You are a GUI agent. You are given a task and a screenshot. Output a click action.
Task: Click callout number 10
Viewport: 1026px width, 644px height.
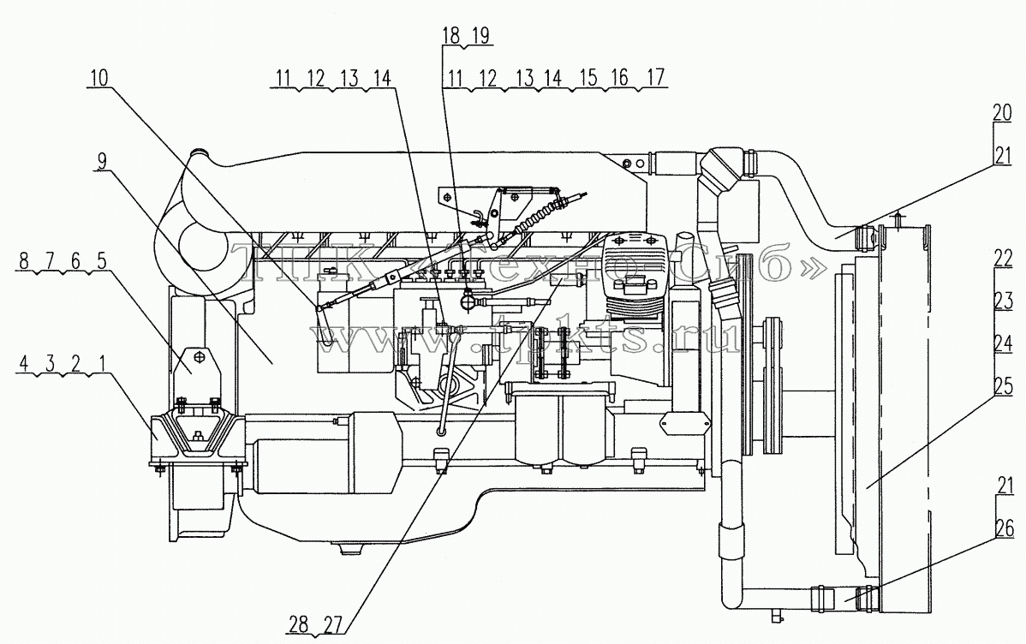(x=100, y=77)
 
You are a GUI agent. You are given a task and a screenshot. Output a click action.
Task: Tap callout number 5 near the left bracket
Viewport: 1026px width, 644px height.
(x=101, y=261)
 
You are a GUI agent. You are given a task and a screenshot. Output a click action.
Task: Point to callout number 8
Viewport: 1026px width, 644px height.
(x=25, y=261)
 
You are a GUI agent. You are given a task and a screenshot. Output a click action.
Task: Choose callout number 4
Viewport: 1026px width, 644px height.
(x=24, y=363)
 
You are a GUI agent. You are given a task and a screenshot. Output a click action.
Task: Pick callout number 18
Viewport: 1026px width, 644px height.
(x=452, y=35)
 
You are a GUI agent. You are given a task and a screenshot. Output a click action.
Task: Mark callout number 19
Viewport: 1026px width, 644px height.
(x=480, y=35)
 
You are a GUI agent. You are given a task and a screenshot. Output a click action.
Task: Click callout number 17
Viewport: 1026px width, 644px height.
(x=655, y=77)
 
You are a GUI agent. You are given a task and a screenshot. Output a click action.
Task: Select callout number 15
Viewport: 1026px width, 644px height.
(x=588, y=77)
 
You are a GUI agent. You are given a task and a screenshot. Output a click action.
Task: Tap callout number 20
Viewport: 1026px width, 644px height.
(x=1003, y=112)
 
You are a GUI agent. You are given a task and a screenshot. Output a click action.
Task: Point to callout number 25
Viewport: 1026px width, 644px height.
(x=1003, y=387)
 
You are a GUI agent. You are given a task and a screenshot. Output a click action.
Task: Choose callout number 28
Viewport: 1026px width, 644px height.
(x=298, y=624)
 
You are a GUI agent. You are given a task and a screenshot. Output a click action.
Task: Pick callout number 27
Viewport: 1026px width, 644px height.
(x=333, y=624)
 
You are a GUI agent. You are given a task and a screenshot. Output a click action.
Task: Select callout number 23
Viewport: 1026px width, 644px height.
(x=1003, y=301)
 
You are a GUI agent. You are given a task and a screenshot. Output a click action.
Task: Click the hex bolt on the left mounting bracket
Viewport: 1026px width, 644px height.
(x=201, y=356)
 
